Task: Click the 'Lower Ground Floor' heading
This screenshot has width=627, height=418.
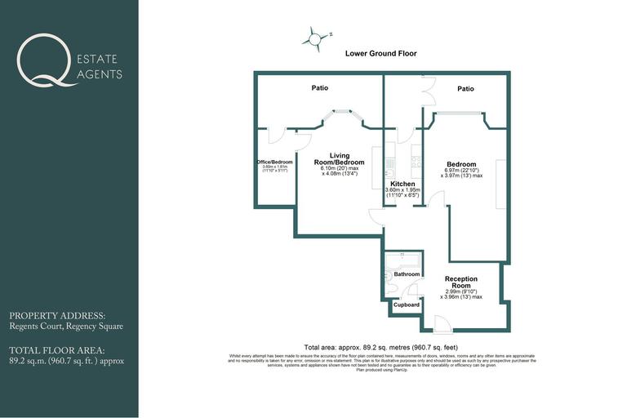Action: click(x=381, y=54)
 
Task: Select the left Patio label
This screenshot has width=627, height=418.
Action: click(x=319, y=88)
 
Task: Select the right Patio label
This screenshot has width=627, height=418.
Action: click(x=465, y=88)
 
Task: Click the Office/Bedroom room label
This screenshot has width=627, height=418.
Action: click(x=274, y=162)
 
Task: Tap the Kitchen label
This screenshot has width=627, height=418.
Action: click(x=402, y=185)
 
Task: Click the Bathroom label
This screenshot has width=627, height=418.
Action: click(x=407, y=274)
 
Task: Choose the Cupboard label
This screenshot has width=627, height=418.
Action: click(x=407, y=305)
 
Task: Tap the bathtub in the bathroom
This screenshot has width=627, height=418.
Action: click(x=402, y=260)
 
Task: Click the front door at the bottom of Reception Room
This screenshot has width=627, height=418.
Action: click(x=442, y=325)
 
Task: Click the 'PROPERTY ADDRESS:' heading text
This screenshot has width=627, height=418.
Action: click(x=57, y=316)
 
